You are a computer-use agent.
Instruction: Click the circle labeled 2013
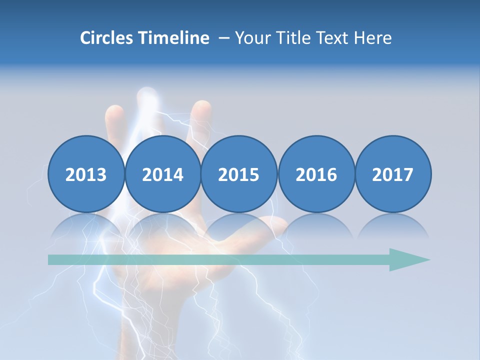pos(86,174)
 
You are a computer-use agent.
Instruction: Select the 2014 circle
pos(162,174)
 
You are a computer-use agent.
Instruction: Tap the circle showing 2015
pos(239,174)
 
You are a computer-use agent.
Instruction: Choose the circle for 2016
pos(316,174)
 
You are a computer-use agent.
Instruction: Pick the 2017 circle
pos(393,174)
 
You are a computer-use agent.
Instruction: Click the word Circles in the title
pos(107,38)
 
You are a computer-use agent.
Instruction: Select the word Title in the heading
pos(290,38)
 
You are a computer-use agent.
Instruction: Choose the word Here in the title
pos(372,38)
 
